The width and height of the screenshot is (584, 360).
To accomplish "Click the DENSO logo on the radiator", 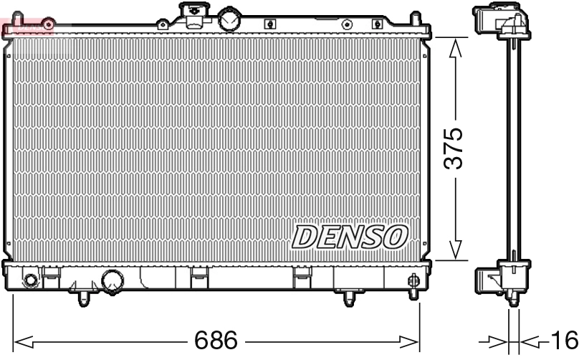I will click(349, 237).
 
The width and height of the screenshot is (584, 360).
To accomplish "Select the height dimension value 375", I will click(453, 148).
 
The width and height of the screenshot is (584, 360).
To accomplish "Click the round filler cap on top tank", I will click(230, 19).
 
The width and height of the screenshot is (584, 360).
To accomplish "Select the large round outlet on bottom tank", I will click(113, 281).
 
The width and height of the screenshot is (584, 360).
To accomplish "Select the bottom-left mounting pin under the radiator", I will click(84, 296).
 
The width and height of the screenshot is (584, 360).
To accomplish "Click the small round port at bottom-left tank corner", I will click(30, 280).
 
